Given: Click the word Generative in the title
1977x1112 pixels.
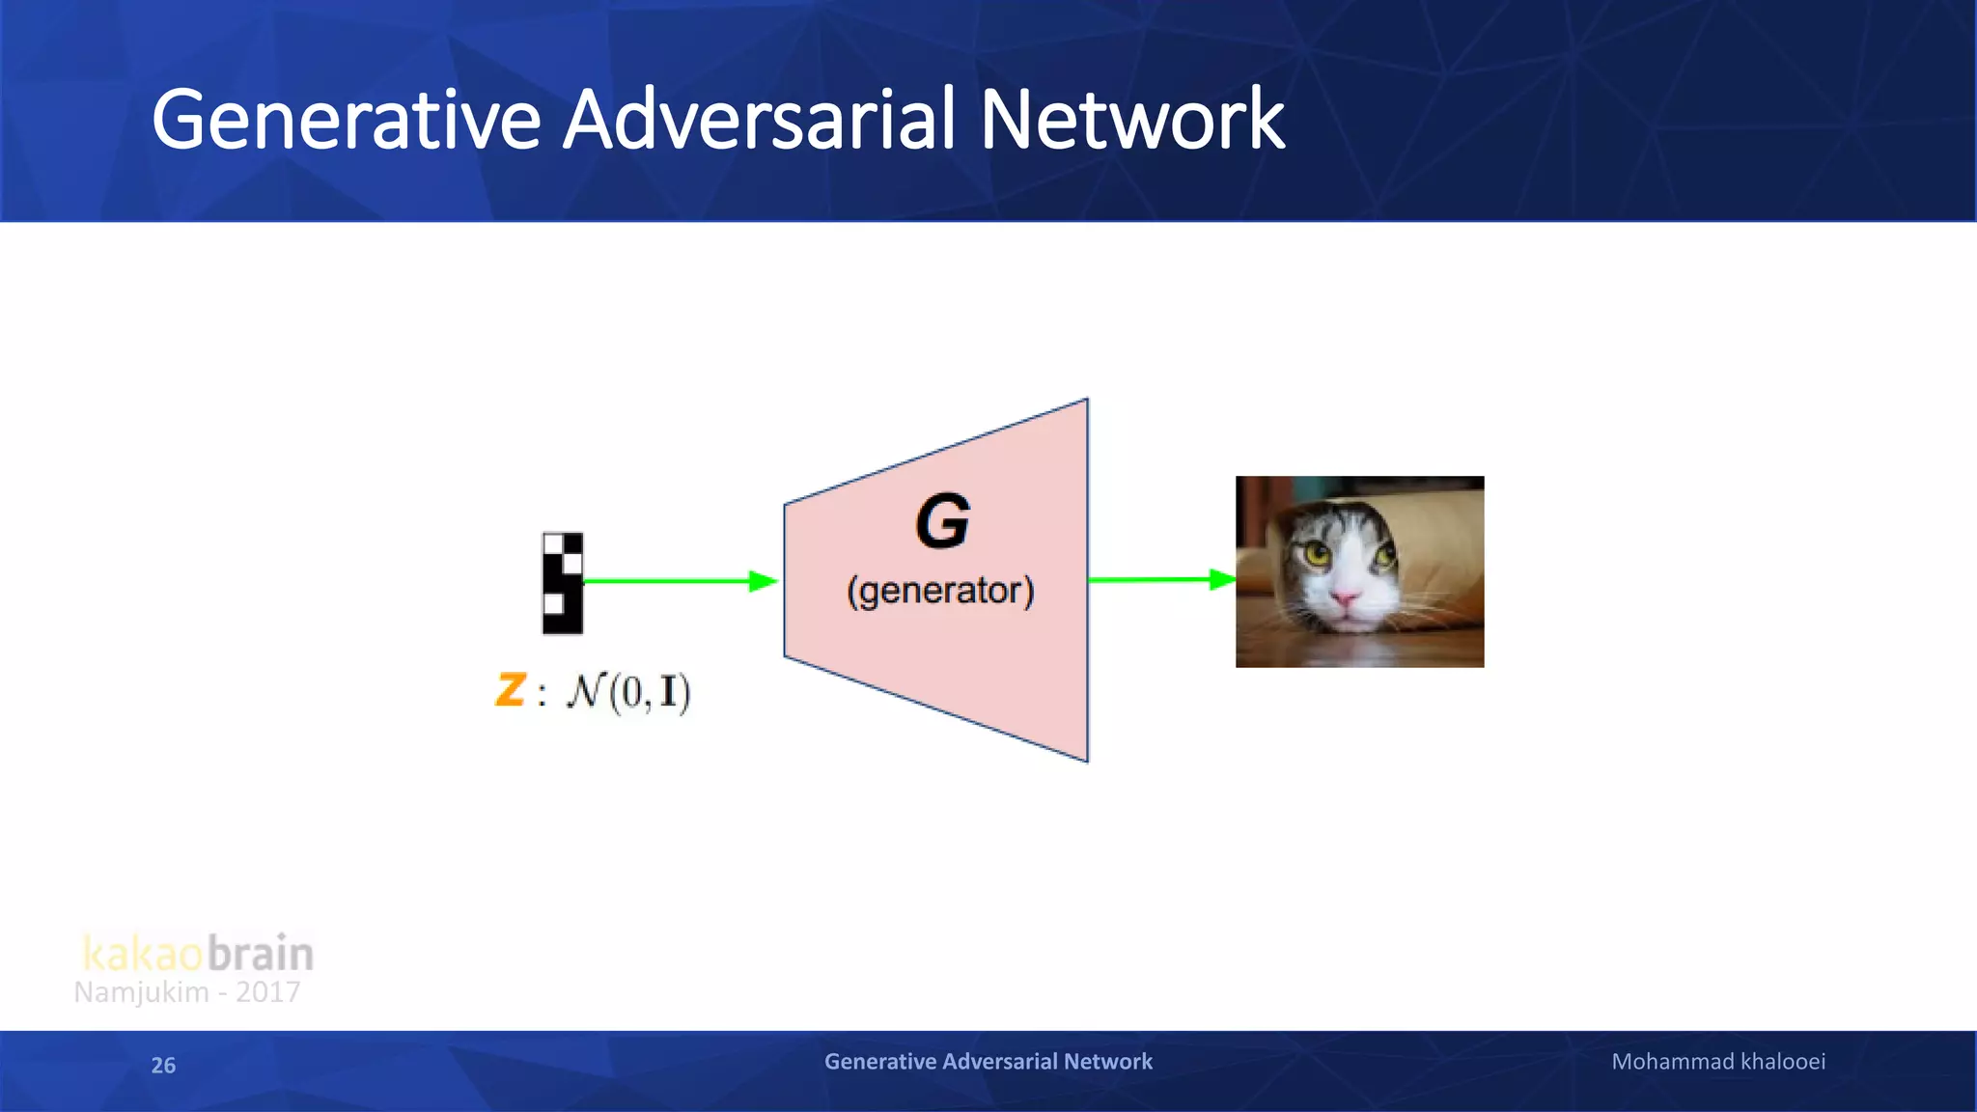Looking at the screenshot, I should pyautogui.click(x=346, y=120).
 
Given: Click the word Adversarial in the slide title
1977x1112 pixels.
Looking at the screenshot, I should pyautogui.click(x=760, y=120).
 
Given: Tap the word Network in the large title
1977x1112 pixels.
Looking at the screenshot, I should pyautogui.click(x=1131, y=120).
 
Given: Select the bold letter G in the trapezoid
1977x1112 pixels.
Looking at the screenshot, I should pyautogui.click(x=942, y=522).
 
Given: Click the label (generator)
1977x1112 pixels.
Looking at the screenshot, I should pyautogui.click(x=940, y=590).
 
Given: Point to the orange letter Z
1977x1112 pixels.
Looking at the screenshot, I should pyautogui.click(x=510, y=689).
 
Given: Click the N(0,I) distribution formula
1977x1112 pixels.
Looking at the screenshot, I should pyautogui.click(x=628, y=691).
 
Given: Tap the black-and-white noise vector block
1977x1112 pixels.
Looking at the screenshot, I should pyautogui.click(x=563, y=583).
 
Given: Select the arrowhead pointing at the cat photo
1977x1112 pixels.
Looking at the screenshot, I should pyautogui.click(x=1222, y=579).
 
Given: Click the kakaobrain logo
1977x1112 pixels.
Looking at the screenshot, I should pyautogui.click(x=198, y=953).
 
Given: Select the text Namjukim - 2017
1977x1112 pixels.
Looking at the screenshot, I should pyautogui.click(x=187, y=992).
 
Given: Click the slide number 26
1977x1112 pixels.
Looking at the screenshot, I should pyautogui.click(x=163, y=1065).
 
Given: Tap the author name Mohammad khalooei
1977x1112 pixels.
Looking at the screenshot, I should pyautogui.click(x=1718, y=1062).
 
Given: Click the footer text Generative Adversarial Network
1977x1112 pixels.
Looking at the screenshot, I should pyautogui.click(x=988, y=1062).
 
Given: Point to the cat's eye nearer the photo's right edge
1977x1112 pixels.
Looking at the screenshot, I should pyautogui.click(x=1384, y=555).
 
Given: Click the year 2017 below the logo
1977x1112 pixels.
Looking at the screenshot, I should pyautogui.click(x=267, y=992).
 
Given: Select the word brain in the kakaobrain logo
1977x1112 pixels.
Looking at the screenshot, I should pyautogui.click(x=261, y=953).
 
